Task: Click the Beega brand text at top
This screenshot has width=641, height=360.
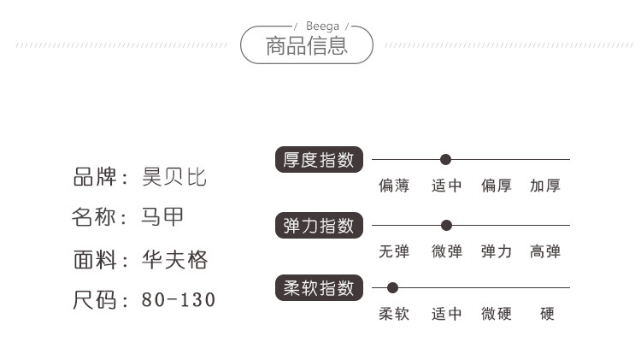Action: [x=322, y=27]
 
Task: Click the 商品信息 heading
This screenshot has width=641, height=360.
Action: [x=307, y=46]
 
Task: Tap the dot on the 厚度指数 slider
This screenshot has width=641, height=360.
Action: [x=445, y=160]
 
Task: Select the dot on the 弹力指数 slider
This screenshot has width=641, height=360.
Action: [x=446, y=225]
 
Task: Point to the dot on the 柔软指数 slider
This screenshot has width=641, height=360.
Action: [x=392, y=288]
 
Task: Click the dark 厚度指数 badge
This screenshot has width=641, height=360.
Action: [x=319, y=160]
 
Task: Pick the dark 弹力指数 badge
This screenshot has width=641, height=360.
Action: [x=319, y=226]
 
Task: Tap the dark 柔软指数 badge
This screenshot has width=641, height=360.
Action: [x=319, y=288]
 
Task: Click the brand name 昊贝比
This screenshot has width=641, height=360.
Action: [x=174, y=177]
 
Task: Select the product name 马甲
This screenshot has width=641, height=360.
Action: [x=162, y=216]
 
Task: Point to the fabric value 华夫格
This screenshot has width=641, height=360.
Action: [x=175, y=259]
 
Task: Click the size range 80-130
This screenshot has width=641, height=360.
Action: [x=179, y=300]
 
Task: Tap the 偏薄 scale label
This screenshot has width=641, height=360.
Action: [x=394, y=186]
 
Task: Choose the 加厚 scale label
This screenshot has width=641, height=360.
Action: [x=545, y=186]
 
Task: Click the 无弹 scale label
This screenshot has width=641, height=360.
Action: [x=394, y=251]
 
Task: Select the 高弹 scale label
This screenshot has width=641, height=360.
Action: [x=545, y=251]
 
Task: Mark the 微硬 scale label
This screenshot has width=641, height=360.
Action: [x=497, y=314]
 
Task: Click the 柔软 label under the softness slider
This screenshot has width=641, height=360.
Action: [x=394, y=314]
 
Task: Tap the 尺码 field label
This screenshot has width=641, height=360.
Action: [x=94, y=300]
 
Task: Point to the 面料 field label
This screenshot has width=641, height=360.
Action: [x=95, y=259]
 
